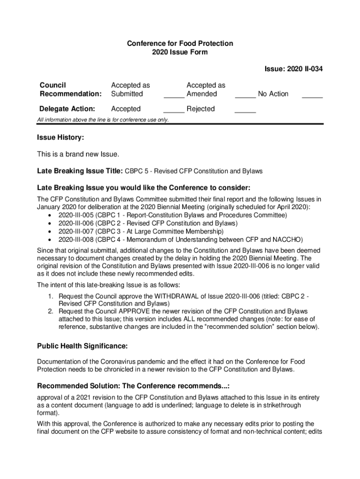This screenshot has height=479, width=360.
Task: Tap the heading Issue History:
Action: point(60,138)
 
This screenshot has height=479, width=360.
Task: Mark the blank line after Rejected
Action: point(245,112)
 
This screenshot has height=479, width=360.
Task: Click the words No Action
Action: point(273,94)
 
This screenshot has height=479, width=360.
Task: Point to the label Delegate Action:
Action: point(67,109)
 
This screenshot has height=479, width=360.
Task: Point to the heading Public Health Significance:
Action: point(82,346)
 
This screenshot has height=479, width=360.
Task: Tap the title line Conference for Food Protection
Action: point(180,44)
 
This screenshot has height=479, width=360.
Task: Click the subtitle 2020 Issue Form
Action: point(180,52)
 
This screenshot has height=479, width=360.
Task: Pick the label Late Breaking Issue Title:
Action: point(80,171)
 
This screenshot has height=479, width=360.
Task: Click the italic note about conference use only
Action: point(103,120)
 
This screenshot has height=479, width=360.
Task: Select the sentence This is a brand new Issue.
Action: point(79,154)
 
